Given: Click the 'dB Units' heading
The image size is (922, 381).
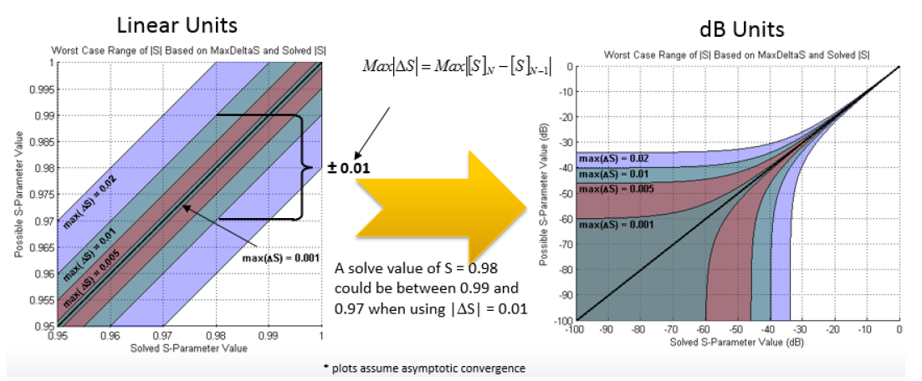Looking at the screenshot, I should pyautogui.click(x=742, y=30).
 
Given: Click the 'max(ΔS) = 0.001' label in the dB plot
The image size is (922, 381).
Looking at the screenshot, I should pyautogui.click(x=616, y=224).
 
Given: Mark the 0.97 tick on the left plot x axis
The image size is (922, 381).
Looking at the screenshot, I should pyautogui.click(x=162, y=335).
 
